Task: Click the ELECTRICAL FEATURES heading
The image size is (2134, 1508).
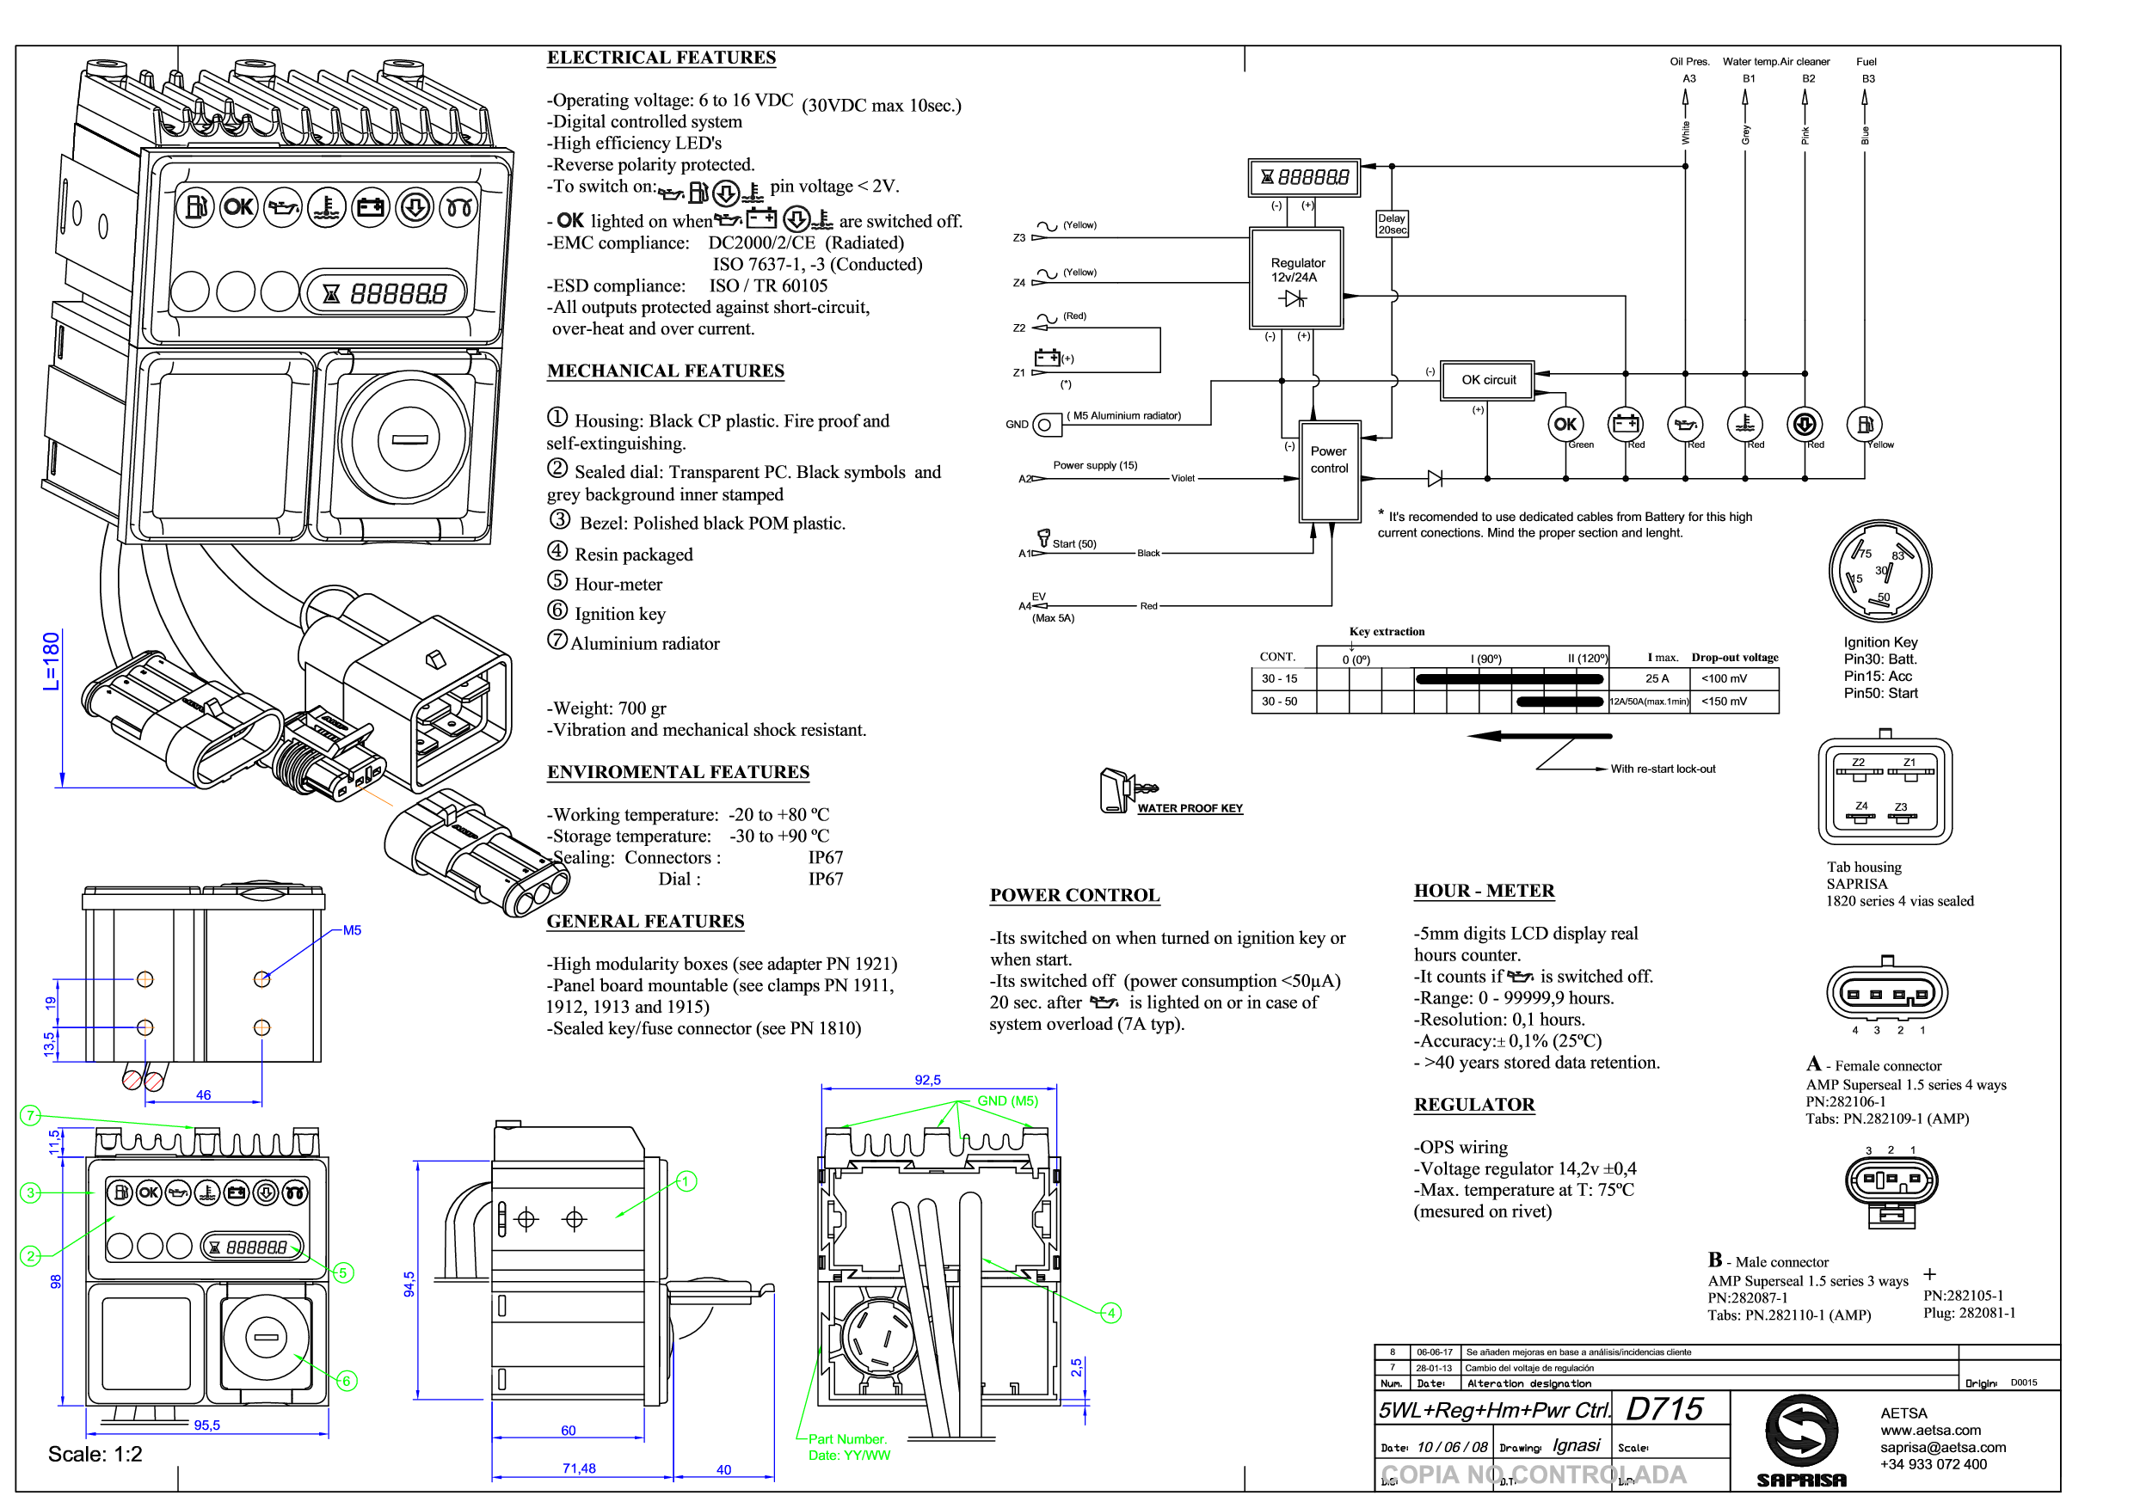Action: point(661,58)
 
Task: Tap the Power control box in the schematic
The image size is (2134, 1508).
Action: point(1329,470)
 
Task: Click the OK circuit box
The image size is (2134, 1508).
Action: point(1487,380)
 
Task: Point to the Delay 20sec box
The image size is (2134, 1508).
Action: point(1392,224)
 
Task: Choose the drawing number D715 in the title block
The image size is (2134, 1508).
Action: point(1664,1409)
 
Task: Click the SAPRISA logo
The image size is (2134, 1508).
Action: point(1800,1439)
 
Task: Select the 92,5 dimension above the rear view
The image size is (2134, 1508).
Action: point(926,1080)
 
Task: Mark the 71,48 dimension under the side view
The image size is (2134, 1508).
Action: point(578,1468)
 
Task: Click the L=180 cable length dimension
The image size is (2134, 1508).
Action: point(51,660)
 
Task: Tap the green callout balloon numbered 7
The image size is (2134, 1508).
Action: point(31,1115)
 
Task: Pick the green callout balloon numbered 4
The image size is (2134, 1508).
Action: point(1110,1313)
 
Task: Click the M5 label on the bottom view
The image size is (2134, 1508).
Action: point(351,930)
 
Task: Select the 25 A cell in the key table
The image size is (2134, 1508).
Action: point(1657,678)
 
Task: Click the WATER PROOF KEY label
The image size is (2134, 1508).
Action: point(1190,808)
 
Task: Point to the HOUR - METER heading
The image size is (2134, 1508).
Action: point(1484,891)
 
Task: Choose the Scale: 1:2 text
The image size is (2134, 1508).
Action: point(95,1454)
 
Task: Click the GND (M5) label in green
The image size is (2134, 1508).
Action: point(1006,1101)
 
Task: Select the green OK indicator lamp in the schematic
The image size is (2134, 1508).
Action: point(1565,425)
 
